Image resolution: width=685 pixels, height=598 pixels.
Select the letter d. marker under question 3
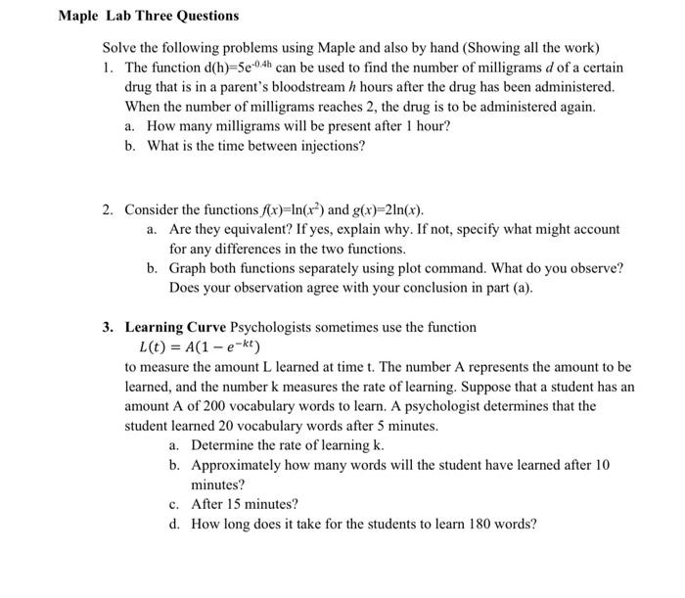(x=174, y=524)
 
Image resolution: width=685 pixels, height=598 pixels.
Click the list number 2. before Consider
(x=111, y=209)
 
